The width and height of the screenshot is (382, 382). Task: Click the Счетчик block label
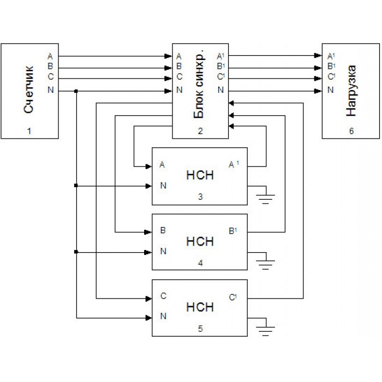pyautogui.click(x=29, y=89)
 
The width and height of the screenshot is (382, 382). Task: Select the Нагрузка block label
pyautogui.click(x=352, y=91)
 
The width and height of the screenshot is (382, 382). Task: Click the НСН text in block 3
pyautogui.click(x=200, y=176)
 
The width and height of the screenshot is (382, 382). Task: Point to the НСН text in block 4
pyautogui.click(x=200, y=241)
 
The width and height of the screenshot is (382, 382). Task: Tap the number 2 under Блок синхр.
pyautogui.click(x=200, y=131)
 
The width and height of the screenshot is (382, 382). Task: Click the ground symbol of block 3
pyautogui.click(x=266, y=197)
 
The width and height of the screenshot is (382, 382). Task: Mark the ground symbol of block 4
pyautogui.click(x=266, y=264)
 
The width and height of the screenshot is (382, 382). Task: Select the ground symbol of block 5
pyautogui.click(x=266, y=329)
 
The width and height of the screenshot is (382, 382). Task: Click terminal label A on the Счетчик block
pyautogui.click(x=51, y=56)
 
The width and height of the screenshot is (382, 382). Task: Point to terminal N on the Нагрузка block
pyautogui.click(x=330, y=90)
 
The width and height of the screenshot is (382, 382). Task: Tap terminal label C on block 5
pyautogui.click(x=163, y=297)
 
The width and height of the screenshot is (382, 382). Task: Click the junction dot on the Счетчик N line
pyautogui.click(x=76, y=91)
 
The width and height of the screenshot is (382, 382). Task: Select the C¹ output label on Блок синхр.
pyautogui.click(x=220, y=77)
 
